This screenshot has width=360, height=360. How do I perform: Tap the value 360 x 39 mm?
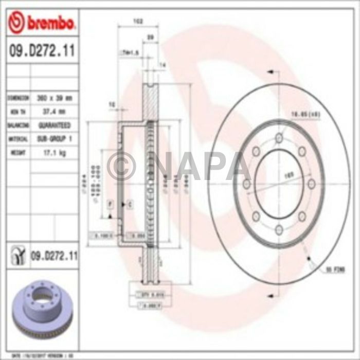(54, 97)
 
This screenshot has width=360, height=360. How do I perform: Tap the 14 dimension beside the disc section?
(161, 65)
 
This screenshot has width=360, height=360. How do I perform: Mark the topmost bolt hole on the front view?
(278, 138)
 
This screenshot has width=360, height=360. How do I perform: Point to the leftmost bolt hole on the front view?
(246, 184)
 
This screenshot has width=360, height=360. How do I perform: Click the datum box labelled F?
(110, 205)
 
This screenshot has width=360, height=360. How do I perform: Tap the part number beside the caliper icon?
(53, 254)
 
